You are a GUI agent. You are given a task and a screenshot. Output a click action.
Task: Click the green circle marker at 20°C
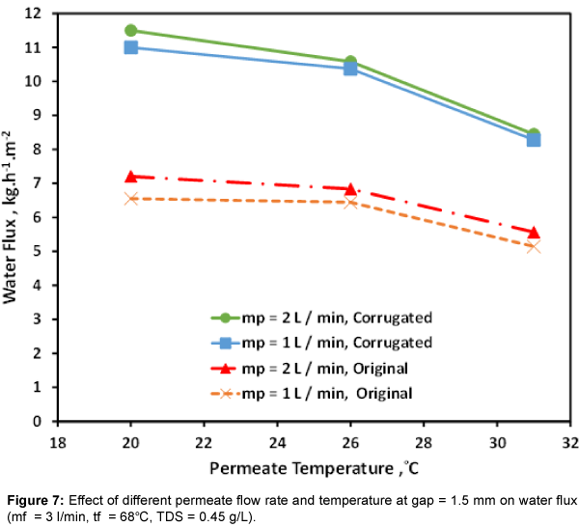tap(131, 31)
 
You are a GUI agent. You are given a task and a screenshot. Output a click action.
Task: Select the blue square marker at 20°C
tap(131, 47)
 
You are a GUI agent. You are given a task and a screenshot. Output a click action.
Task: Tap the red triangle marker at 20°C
tap(131, 177)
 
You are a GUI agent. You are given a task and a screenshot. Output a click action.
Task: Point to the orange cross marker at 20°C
tap(131, 198)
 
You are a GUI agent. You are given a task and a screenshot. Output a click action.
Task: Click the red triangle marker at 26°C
tap(350, 188)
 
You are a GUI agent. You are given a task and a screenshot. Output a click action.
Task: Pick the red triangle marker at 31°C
tap(533, 232)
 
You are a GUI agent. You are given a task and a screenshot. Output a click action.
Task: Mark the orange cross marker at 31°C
tap(533, 247)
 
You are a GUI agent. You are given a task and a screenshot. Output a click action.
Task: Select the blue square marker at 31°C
tap(533, 140)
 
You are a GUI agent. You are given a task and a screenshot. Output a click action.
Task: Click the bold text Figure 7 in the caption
tap(34, 499)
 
